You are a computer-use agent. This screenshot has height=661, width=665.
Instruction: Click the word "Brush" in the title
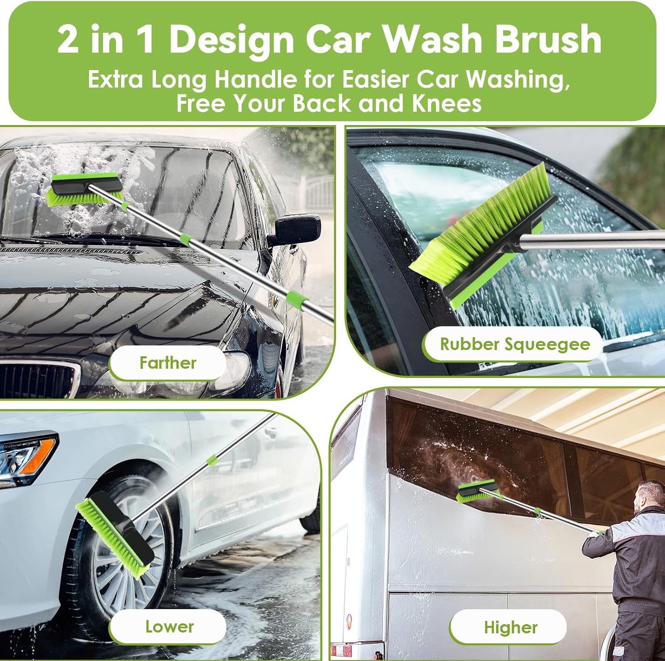tap(548, 39)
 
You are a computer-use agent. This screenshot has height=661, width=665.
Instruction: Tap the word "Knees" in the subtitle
tap(446, 103)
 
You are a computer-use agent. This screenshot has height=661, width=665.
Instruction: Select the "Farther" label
tap(168, 363)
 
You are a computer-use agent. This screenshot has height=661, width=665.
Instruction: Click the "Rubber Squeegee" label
tap(515, 344)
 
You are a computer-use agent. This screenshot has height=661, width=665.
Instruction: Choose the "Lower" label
tap(169, 626)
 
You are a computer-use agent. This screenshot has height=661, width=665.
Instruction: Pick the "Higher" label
tap(510, 627)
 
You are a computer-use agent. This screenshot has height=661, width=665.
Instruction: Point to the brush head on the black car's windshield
tap(84, 190)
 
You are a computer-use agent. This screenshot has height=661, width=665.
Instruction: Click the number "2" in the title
tap(68, 39)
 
